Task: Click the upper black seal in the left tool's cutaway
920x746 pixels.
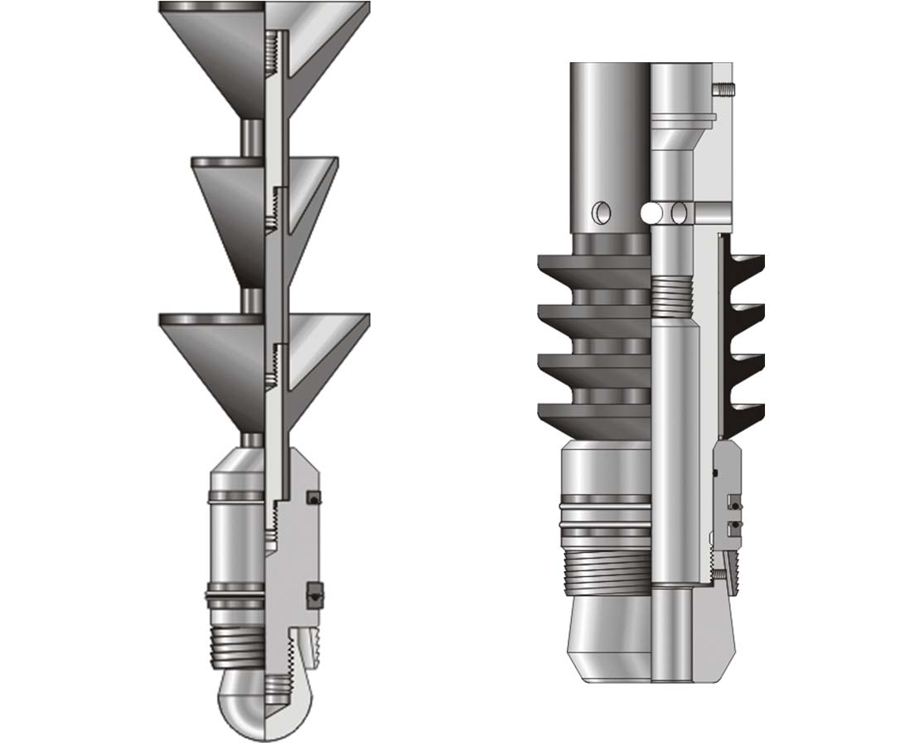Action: (x=312, y=497)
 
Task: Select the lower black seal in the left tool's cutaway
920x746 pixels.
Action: (x=313, y=593)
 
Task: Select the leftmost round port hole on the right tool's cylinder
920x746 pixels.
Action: (x=598, y=214)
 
